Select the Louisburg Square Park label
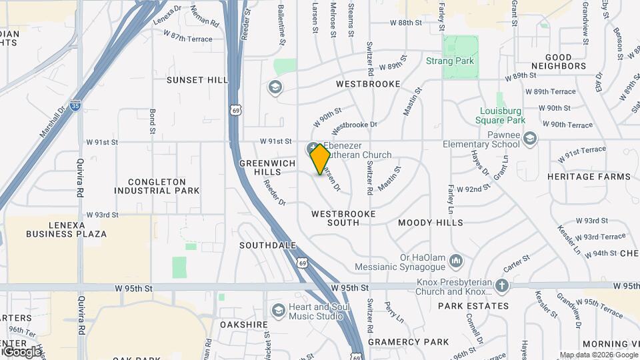pos(501,115)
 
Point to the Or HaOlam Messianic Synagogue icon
pos(456,259)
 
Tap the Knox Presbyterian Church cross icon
pos(502,286)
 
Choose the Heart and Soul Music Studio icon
pos(278,310)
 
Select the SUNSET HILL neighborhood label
pos(197,80)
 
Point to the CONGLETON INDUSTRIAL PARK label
pos(157,186)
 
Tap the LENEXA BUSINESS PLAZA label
pos(67,229)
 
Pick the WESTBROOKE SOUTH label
pos(343,218)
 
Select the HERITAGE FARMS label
pos(588,177)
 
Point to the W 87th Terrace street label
pos(187,39)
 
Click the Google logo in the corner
pos(21,351)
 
